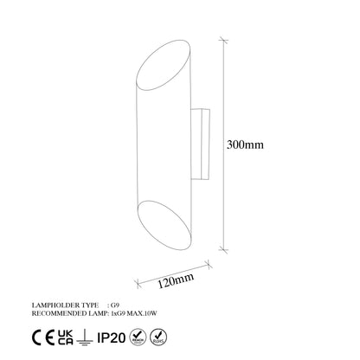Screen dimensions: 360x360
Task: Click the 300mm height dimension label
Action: [244, 145]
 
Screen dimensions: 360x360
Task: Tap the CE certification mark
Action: [40, 335]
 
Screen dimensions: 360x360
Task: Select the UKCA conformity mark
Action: [64, 335]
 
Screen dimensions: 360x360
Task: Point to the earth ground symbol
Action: [84, 335]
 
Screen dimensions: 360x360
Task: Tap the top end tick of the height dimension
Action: [225, 38]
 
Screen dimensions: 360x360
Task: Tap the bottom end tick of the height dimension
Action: [225, 252]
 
